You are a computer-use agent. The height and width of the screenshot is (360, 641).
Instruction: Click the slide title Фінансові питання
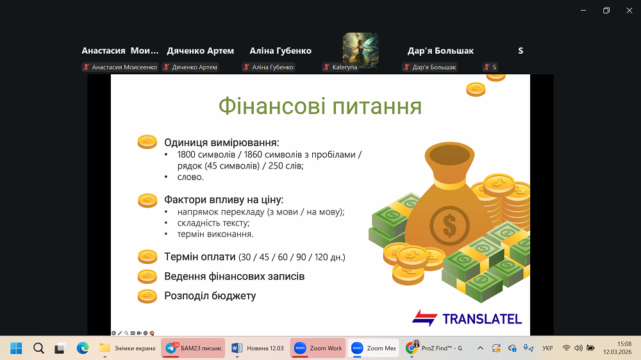point(320,106)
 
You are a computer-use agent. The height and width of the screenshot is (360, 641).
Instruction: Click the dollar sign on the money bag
point(449,225)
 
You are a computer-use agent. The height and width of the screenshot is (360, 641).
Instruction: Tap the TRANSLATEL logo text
point(482,319)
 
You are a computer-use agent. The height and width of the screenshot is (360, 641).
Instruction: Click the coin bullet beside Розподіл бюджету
point(147,296)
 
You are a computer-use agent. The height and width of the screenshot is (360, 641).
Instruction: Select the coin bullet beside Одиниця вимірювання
point(147,142)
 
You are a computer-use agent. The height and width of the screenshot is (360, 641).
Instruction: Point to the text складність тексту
point(213,223)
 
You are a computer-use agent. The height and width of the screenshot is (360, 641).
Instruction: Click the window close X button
point(629,11)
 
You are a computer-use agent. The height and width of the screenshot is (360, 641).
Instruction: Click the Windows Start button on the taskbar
point(16,348)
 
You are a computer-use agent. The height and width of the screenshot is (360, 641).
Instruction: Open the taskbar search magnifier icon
point(38,348)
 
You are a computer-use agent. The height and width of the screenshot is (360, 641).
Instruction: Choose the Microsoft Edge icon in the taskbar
point(83,348)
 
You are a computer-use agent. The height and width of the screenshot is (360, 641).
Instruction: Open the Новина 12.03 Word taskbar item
point(258,348)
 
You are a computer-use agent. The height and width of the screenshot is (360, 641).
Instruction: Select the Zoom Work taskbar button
point(318,348)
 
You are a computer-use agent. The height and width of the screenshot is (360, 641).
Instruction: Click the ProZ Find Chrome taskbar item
point(435,348)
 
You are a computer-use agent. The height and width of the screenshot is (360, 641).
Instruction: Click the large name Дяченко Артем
point(200,51)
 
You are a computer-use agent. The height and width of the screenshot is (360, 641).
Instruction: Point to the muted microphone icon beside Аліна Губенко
point(246,67)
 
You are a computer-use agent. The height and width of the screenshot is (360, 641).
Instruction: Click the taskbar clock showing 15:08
point(624,344)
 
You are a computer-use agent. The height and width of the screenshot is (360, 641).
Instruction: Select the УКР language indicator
point(547,348)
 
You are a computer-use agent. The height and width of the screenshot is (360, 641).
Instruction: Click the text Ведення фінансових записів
point(234,276)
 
